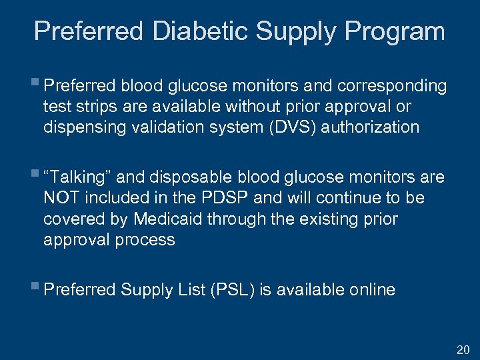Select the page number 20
[x=463, y=349]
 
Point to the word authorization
[x=370, y=127]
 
